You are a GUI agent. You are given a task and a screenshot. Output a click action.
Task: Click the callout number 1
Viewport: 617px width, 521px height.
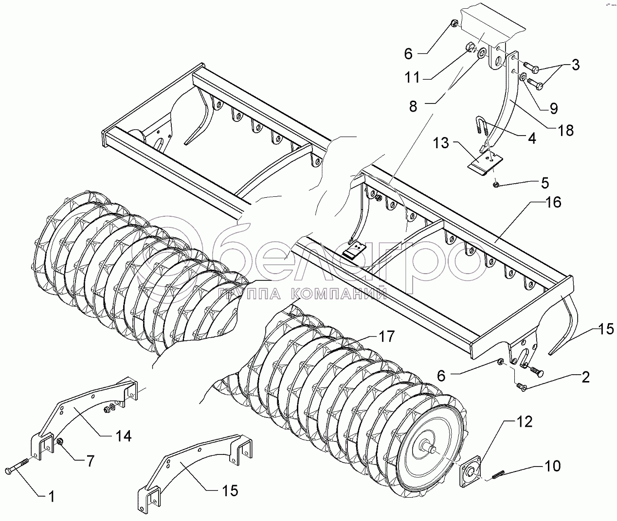click(x=52, y=497)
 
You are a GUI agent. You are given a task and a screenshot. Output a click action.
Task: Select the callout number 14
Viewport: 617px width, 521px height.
click(x=123, y=436)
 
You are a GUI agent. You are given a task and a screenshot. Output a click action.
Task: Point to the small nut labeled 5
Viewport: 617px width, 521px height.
click(x=495, y=186)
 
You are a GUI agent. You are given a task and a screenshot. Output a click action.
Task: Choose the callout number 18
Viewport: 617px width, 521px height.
click(x=565, y=130)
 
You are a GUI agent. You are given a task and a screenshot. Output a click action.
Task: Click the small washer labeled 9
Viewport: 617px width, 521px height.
click(x=524, y=78)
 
